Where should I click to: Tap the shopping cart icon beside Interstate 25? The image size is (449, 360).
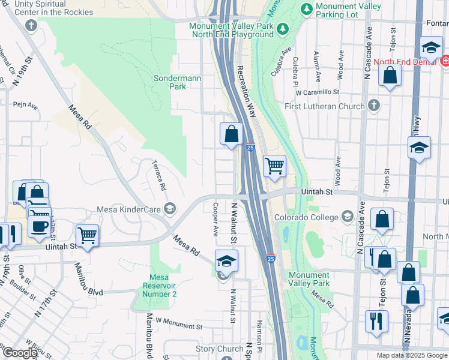coord(274,165)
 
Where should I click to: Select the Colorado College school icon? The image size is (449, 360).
coord(348,216)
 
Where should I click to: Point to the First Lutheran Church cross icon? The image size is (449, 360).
coord(374,106)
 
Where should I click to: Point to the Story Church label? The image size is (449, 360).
coord(220,349)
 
